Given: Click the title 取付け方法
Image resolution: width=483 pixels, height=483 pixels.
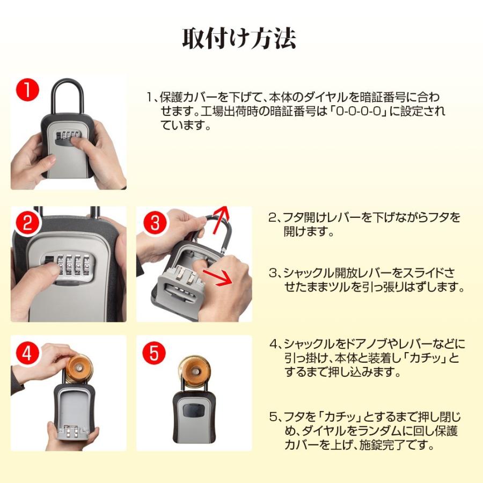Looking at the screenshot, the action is (239, 39).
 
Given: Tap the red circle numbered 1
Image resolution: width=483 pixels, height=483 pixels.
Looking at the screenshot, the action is (27, 90).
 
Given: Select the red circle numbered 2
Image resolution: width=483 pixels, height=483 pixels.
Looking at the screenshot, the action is (27, 222).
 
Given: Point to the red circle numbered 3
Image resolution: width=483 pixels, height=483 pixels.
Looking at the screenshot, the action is (155, 222).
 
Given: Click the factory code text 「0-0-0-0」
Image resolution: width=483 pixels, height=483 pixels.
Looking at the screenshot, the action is (357, 111).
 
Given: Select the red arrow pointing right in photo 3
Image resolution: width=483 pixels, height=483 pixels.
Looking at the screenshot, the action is (217, 276).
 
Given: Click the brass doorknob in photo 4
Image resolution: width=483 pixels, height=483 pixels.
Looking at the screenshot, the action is (78, 369).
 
